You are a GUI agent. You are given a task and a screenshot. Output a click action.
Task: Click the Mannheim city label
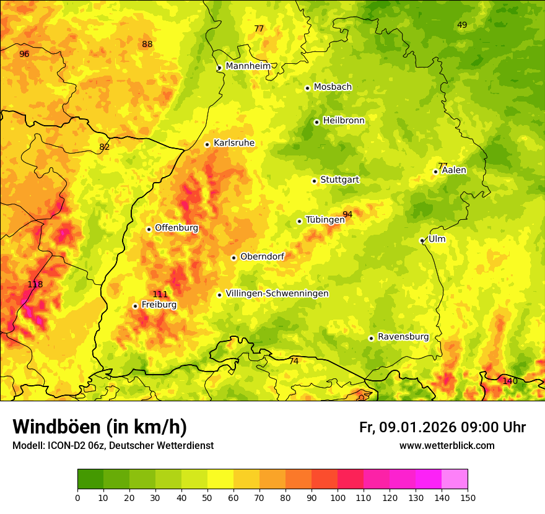(248, 66)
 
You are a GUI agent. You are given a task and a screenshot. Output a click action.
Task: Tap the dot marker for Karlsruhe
(207, 144)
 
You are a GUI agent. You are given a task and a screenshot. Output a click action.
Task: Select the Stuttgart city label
(339, 180)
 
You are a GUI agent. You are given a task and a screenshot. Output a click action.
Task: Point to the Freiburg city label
(159, 305)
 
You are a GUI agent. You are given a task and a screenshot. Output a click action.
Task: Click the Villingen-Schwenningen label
(277, 294)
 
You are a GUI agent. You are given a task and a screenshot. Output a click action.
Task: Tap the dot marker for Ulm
(422, 240)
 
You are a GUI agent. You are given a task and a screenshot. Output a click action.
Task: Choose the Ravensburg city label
(403, 337)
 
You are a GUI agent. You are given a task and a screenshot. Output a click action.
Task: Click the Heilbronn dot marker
(316, 122)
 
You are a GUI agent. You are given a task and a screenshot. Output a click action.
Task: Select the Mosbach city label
(333, 87)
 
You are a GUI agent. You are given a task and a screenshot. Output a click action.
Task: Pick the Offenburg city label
(177, 228)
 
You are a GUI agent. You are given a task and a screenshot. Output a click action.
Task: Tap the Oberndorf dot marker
(233, 258)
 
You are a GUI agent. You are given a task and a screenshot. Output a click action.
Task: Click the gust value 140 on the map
(510, 381)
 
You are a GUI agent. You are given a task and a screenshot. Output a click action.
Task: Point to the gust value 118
(35, 284)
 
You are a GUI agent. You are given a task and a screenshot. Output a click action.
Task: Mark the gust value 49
(462, 25)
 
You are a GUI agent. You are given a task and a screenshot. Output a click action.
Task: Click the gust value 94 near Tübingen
(347, 214)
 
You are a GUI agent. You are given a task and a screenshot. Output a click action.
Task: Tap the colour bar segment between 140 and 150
(455, 479)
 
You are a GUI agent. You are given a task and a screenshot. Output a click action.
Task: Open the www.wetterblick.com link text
(447, 446)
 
